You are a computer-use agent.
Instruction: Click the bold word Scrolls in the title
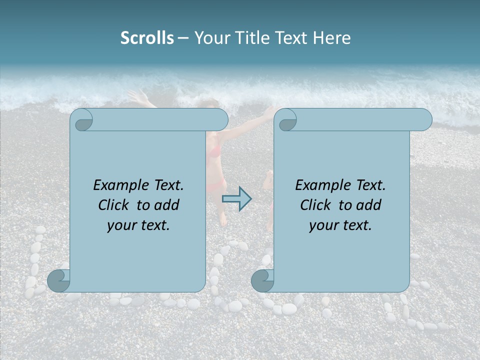tap(147, 38)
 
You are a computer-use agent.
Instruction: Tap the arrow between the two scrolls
tap(236, 199)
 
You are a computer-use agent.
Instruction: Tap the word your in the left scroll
tap(120, 225)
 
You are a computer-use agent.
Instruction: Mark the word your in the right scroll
tap(322, 225)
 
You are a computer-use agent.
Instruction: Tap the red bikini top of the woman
tap(214, 150)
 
